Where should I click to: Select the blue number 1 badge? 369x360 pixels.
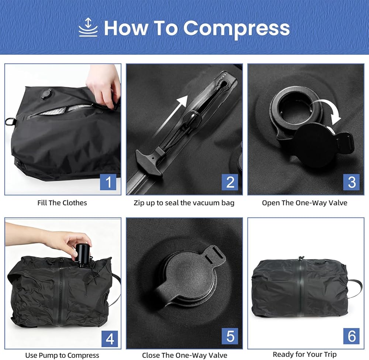108,182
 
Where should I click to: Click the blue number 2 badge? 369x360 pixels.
230,182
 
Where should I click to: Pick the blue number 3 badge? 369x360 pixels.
351,182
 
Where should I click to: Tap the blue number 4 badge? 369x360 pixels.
110,339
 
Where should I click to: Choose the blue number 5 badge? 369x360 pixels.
230,336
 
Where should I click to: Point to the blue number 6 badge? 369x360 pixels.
351,336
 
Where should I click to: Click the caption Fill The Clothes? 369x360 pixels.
62,203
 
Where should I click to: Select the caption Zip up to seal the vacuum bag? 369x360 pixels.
184,203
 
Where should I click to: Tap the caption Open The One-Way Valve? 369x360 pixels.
304,203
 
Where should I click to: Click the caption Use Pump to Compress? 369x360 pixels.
62,355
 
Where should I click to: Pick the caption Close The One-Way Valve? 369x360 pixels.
185,355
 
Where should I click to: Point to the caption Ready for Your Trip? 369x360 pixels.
304,354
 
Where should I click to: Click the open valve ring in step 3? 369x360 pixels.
295,106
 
